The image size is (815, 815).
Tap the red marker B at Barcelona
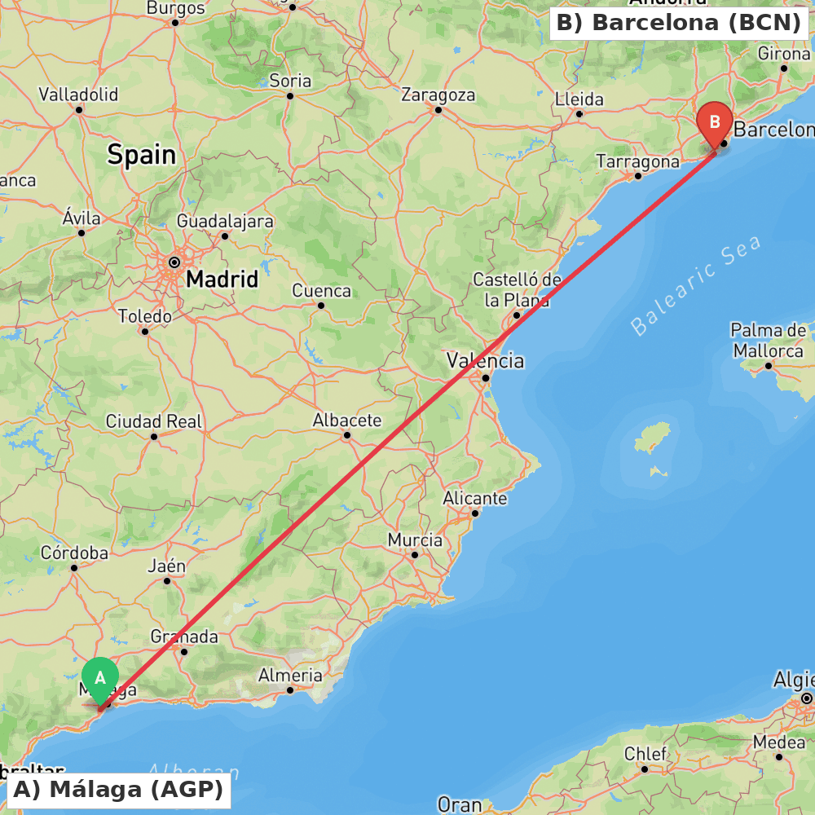715,123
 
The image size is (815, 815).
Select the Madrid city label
222,280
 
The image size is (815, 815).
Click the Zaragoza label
438,95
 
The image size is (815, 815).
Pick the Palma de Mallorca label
767,341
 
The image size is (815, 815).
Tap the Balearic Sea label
696,285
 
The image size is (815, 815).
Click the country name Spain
141,154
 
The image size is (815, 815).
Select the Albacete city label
347,421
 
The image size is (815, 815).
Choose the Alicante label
475,498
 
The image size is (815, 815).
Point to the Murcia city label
415,540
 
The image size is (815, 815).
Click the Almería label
290,675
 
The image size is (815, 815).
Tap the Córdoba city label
74,553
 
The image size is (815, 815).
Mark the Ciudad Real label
154,421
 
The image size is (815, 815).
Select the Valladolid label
78,95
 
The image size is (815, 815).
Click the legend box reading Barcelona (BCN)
679,23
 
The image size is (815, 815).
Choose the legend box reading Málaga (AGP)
118,790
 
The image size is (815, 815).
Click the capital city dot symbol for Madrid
174,262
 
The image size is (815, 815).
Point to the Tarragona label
637,161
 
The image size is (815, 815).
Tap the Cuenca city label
321,291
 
